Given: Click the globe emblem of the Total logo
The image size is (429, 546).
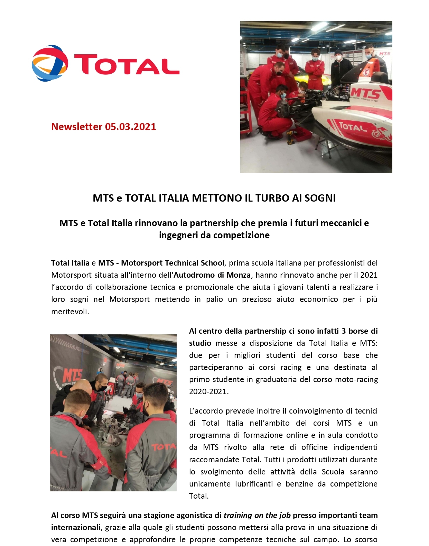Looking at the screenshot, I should [50, 63].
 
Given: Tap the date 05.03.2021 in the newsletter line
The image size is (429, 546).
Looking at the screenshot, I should [130, 127].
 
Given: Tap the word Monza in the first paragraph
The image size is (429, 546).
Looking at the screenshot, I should [238, 275].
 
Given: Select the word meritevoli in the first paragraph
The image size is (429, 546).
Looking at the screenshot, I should [69, 312].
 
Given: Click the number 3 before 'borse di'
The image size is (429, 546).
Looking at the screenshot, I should [344, 331].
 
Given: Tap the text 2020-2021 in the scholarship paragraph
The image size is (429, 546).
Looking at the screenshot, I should [208, 391].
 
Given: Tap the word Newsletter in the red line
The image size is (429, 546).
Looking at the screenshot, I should [77, 127].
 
